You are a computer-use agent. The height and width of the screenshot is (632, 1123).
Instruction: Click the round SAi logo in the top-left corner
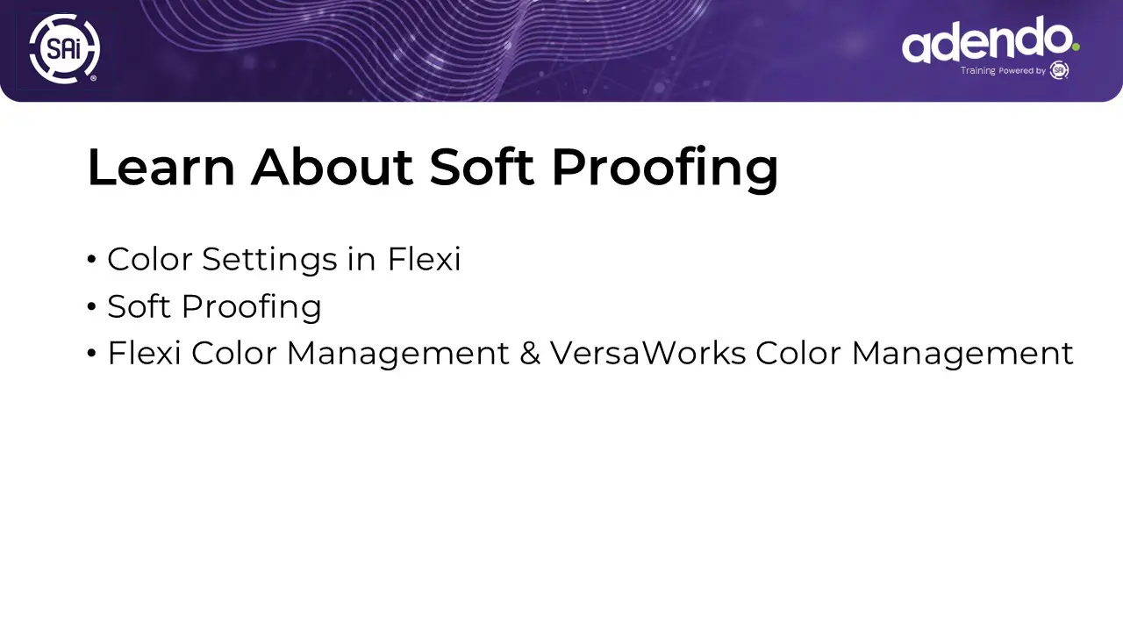click(65, 48)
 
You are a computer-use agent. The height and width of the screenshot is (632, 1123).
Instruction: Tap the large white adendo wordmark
click(987, 39)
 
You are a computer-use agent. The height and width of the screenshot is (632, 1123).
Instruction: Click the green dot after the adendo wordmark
click(1076, 47)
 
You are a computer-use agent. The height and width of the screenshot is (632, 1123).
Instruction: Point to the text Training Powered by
click(1003, 71)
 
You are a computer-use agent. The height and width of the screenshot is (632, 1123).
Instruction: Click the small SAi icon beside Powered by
click(1059, 70)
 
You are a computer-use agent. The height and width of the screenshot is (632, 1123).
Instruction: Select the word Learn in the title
click(161, 167)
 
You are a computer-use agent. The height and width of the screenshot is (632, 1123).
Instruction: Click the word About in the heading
click(332, 167)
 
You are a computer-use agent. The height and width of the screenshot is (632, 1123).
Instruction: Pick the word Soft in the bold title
click(482, 167)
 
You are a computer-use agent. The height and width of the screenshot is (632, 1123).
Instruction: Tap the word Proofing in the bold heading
click(665, 169)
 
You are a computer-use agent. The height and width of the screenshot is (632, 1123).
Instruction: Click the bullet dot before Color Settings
click(91, 259)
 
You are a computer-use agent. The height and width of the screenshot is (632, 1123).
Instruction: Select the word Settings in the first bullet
click(269, 260)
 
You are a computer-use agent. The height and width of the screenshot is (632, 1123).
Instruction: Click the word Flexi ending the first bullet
click(424, 259)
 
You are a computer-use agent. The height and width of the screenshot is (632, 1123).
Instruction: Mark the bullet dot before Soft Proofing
click(91, 306)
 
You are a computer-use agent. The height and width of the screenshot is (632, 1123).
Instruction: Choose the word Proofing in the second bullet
click(251, 307)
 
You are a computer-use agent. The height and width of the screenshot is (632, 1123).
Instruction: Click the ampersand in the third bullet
click(529, 353)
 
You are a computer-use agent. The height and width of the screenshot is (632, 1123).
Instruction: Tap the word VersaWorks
click(648, 353)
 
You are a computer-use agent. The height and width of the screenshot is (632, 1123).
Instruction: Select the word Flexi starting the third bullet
click(144, 353)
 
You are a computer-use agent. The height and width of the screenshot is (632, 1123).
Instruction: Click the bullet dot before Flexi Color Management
click(91, 353)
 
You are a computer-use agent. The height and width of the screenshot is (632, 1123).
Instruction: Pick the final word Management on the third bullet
click(962, 354)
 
